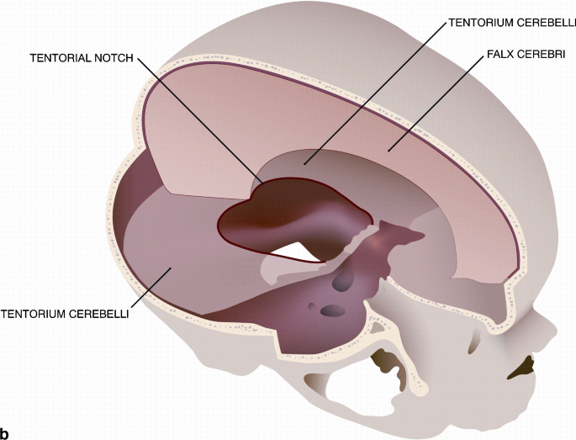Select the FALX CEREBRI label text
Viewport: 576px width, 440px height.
[x=526, y=55]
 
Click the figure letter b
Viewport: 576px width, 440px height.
[x=6, y=432]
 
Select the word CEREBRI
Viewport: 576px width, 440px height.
[x=540, y=55]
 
